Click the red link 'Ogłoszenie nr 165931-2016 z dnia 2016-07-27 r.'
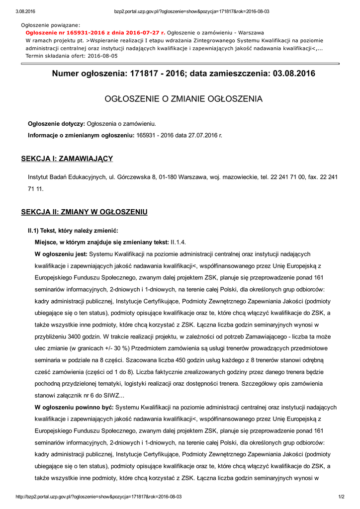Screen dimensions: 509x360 point(95,32)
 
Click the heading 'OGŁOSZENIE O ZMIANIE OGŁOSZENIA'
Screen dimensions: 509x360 point(183,99)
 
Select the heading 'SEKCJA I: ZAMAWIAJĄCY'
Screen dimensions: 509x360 point(67,159)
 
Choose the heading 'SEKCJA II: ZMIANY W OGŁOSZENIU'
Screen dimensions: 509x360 point(84,212)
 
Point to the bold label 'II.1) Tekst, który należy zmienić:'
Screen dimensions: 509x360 point(73,231)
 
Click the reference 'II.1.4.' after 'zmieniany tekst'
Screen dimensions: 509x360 point(178,242)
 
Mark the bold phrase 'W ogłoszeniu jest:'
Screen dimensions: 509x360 point(61,254)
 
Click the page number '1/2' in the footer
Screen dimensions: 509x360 point(342,497)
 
